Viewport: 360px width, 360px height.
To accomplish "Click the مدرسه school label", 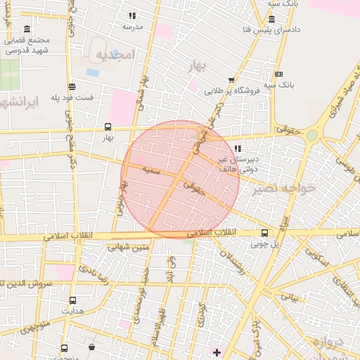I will (x=133, y=26).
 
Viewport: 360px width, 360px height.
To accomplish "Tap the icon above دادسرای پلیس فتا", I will (x=271, y=19).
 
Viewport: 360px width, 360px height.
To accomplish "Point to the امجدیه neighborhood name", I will (x=114, y=54).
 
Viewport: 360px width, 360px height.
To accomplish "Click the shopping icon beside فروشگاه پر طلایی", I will (x=231, y=81).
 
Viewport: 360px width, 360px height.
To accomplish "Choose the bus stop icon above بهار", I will (x=108, y=127).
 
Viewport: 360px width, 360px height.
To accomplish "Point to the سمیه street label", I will (x=151, y=170).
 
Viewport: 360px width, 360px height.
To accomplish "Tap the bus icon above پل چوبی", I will (x=264, y=233).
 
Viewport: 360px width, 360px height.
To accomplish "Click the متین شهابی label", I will (x=130, y=247).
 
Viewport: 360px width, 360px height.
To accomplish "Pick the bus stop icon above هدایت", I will (x=72, y=300).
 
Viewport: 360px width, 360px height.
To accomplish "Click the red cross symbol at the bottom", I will (x=217, y=352).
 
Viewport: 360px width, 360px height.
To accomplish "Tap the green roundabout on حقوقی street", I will (x=311, y=134).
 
